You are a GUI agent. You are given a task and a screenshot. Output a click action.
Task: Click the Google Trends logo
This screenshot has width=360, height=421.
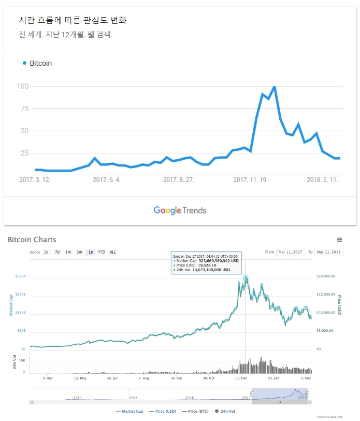[180, 210]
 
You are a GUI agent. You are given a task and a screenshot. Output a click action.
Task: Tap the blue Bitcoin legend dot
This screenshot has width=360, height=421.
[24, 63]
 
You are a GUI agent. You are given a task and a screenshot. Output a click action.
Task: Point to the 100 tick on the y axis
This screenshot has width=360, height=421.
[22, 86]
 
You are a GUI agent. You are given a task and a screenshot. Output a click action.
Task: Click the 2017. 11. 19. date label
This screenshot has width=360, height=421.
[250, 180]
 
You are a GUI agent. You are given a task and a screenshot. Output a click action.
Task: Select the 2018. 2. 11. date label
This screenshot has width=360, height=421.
[322, 180]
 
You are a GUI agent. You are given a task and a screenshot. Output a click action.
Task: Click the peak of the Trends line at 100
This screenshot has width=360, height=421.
[274, 87]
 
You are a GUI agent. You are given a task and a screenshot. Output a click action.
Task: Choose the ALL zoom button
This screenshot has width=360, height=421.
[113, 252]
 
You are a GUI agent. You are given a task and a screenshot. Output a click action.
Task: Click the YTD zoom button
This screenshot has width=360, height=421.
[102, 252]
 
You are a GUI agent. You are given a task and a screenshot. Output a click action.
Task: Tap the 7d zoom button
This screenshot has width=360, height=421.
[57, 252]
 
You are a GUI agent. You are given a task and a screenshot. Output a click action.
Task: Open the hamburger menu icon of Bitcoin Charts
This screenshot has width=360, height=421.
[339, 240]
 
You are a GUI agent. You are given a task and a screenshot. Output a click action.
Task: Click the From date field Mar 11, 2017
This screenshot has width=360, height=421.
[291, 252]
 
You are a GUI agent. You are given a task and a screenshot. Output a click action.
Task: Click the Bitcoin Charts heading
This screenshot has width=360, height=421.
[32, 240]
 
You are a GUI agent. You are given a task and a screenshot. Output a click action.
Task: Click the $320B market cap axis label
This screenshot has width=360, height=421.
[20, 276]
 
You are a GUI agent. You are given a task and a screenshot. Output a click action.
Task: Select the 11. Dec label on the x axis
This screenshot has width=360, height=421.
[241, 378]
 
